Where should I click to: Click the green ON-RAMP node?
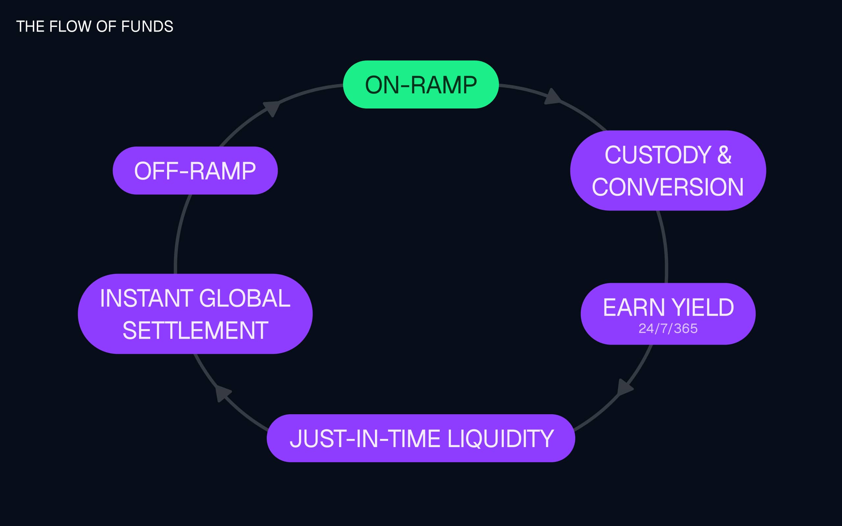pos(421,84)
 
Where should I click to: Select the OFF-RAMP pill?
pos(195,171)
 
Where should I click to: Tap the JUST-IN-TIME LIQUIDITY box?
pos(421,438)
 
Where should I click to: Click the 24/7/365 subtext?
pos(668,328)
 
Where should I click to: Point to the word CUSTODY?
pos(657,155)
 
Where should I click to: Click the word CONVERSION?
pos(668,187)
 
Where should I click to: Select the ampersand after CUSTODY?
pos(724,155)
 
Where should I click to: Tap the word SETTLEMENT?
pos(195,330)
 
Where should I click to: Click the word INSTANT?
pos(146,298)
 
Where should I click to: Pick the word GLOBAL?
pos(245,298)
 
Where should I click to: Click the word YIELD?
pos(703,307)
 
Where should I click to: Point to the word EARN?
pos(634,307)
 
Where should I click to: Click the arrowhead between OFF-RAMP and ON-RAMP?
pos(272,108)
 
